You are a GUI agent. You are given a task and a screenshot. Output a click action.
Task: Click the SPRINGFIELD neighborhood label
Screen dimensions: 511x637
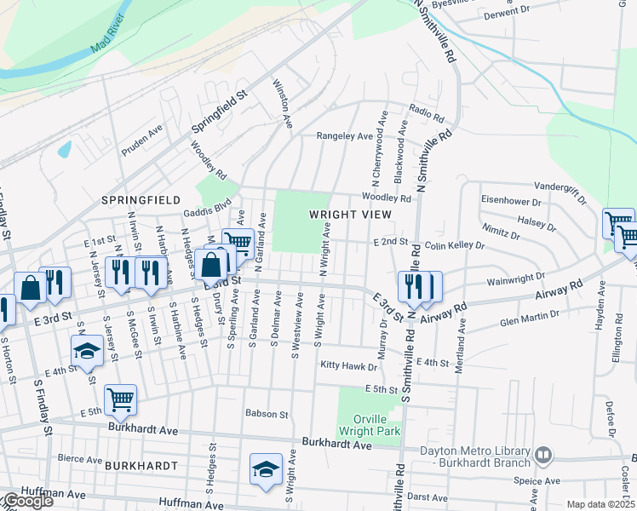(x=141, y=199)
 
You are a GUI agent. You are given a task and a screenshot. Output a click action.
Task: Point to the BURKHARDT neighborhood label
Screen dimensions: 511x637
(x=141, y=466)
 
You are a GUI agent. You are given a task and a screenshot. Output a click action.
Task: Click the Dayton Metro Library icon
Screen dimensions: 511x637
(x=542, y=456)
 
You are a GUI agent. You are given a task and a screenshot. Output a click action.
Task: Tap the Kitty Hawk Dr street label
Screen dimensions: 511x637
(x=348, y=365)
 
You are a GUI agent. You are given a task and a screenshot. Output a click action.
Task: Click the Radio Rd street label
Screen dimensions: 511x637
(x=426, y=113)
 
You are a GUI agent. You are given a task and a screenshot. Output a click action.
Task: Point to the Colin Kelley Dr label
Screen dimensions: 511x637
(x=454, y=245)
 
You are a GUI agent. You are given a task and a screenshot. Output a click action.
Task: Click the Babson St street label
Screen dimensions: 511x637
(x=267, y=414)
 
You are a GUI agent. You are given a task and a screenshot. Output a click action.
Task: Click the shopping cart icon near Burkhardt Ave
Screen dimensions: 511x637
(x=120, y=399)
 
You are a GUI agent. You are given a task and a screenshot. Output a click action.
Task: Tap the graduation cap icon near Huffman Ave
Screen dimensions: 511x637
(x=266, y=469)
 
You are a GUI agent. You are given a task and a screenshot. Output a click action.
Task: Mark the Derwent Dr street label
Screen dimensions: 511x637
(x=506, y=13)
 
